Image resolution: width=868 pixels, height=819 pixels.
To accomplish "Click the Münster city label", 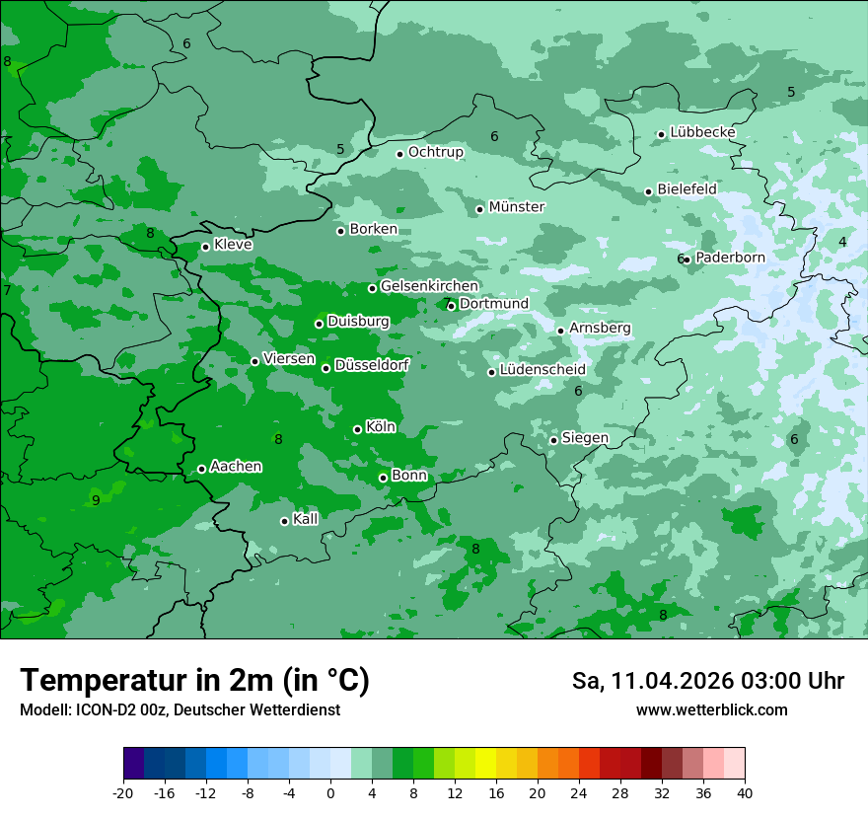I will (517, 207).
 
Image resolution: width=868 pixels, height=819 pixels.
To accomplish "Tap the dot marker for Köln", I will (357, 429).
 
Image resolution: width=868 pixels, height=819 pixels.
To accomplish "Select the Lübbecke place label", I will (702, 132).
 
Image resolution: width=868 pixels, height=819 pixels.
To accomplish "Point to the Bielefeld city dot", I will (648, 191).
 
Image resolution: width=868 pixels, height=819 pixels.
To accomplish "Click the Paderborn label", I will (730, 258).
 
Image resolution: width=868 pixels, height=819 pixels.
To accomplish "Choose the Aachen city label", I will (236, 467).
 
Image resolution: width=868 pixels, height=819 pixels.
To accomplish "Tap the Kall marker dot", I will (284, 521).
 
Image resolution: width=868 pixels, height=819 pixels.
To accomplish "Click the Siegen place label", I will (585, 438).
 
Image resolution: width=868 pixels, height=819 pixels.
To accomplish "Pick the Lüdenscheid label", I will (542, 370).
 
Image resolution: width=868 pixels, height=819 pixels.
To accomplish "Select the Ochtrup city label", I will (435, 152).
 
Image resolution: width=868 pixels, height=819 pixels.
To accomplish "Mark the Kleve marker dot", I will (205, 247).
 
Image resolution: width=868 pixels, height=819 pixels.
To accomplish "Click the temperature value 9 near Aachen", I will (96, 500).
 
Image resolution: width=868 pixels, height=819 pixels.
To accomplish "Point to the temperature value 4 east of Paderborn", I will (842, 242).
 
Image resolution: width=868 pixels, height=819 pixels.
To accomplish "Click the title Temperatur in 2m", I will (194, 681).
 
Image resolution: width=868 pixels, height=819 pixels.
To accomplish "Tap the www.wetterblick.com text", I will (711, 710).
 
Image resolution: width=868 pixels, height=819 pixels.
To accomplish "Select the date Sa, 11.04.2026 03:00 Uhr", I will (707, 681).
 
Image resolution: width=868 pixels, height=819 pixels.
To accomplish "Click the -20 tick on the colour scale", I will (123, 792).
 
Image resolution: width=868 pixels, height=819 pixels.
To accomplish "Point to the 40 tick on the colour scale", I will (745, 792).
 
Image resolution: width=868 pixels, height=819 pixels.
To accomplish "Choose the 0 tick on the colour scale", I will (330, 792).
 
